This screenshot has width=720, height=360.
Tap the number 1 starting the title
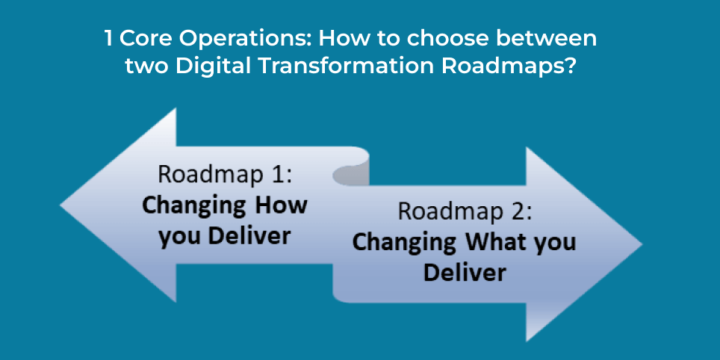point(110,39)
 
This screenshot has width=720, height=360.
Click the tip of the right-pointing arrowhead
point(640,245)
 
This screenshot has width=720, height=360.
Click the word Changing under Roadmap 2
point(404,243)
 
